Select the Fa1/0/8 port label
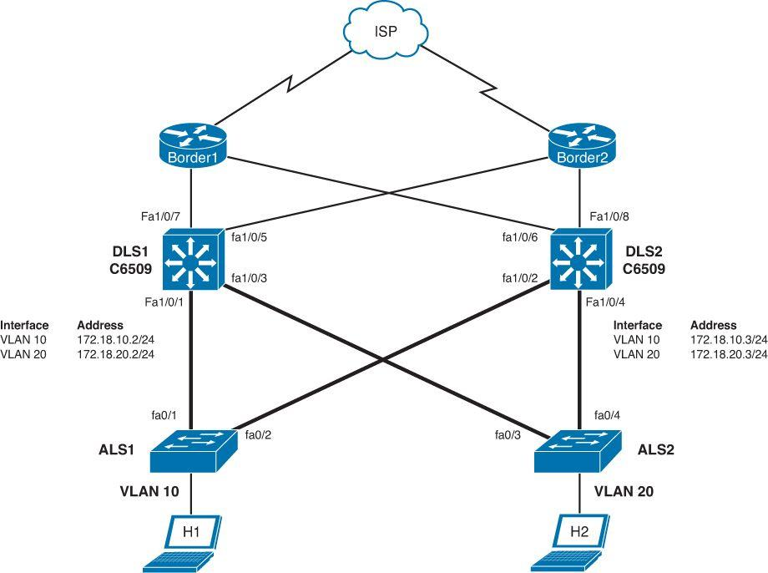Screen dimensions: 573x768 tap(611, 217)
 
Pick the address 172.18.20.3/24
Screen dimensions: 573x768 tap(729, 354)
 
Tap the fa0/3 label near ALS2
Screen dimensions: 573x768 tap(508, 434)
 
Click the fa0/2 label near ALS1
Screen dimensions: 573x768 tap(259, 434)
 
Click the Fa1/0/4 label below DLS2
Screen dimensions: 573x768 tap(607, 302)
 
